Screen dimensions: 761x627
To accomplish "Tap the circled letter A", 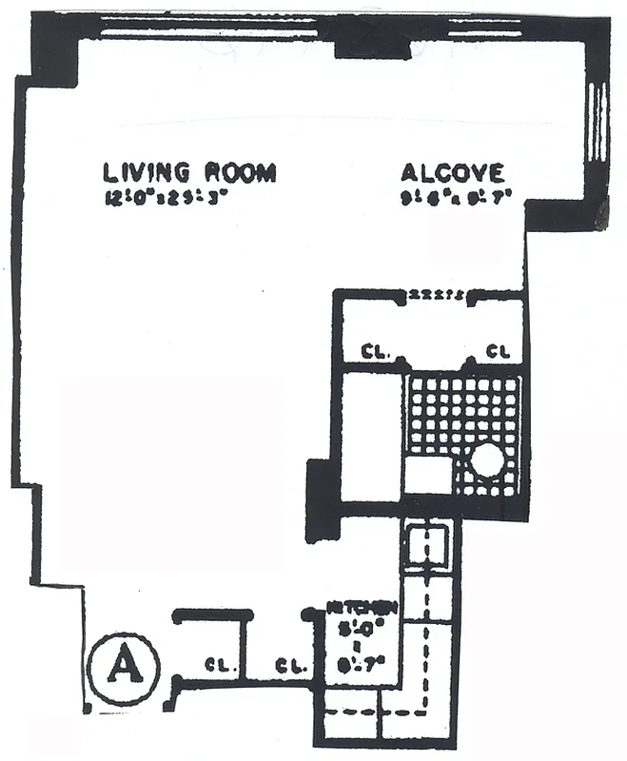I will click(x=122, y=665).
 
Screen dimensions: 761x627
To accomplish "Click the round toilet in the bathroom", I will click(x=486, y=462).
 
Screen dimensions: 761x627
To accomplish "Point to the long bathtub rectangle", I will click(x=371, y=433).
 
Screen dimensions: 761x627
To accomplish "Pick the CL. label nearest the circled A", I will click(x=220, y=665).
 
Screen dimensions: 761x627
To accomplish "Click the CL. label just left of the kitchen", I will click(x=289, y=665).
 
